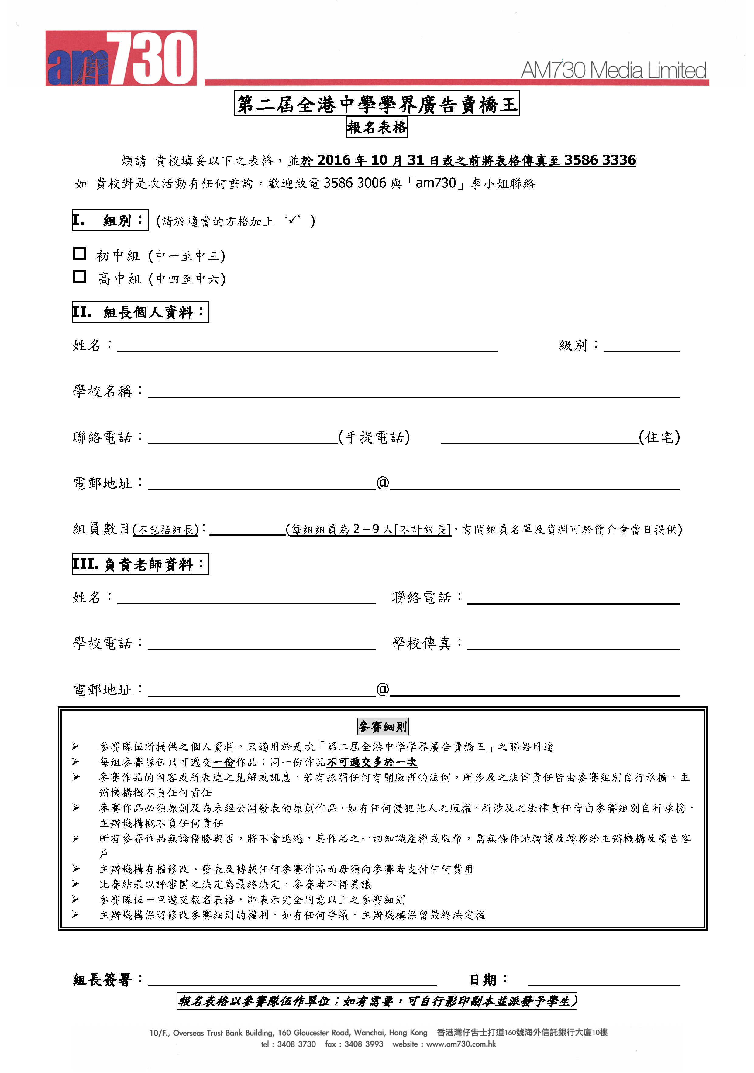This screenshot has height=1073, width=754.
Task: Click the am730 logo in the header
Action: point(121,58)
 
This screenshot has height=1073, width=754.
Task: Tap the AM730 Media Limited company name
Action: point(613,70)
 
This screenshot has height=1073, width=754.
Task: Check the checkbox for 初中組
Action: point(80,254)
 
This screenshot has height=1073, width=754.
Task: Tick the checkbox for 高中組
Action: point(80,277)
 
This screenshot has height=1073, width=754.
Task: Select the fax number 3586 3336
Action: point(600,160)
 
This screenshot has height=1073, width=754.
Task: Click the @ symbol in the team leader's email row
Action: point(382,482)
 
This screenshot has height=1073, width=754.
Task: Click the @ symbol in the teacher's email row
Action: point(382,689)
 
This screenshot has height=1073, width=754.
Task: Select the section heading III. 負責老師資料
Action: point(140,564)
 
